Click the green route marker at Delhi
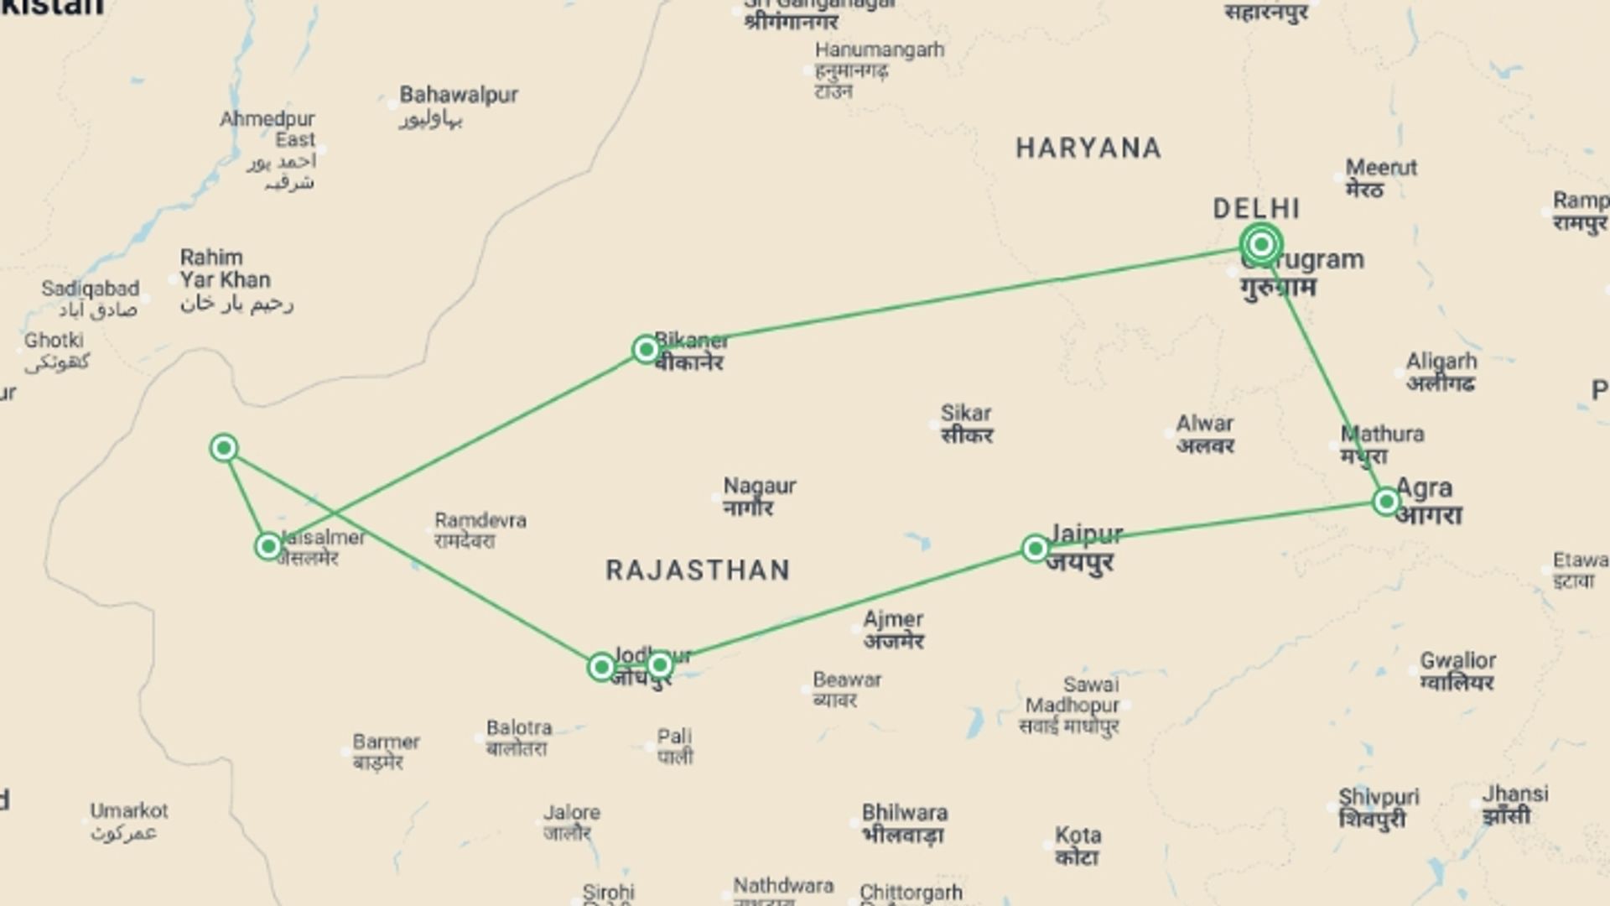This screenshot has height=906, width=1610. [1261, 244]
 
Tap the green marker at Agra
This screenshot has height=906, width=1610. [1386, 502]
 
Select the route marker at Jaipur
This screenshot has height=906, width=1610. [1036, 549]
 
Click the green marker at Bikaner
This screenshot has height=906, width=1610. [646, 349]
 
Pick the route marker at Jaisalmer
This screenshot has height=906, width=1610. [268, 547]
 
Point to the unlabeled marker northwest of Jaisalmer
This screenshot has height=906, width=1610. [224, 448]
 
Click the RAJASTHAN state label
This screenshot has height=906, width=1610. [698, 570]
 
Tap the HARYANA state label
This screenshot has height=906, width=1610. [1088, 148]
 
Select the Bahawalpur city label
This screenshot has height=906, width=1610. [459, 95]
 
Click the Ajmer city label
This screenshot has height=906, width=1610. [893, 620]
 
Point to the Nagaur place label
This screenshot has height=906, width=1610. [760, 486]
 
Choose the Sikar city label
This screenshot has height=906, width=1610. [966, 414]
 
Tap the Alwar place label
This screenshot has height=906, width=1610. [1204, 424]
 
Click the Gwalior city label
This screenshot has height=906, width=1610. [1457, 661]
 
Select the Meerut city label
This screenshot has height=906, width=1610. [1381, 168]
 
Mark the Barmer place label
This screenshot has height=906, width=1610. [386, 742]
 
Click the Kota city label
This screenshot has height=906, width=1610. [1078, 836]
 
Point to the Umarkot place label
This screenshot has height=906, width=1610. [129, 811]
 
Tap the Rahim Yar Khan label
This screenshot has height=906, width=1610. [225, 268]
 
